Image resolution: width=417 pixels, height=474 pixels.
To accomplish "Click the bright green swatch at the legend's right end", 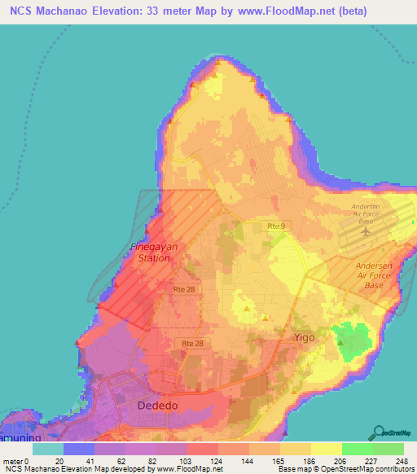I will [x=388, y=448].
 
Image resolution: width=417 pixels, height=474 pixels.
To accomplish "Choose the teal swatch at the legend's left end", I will [x=48, y=448].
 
